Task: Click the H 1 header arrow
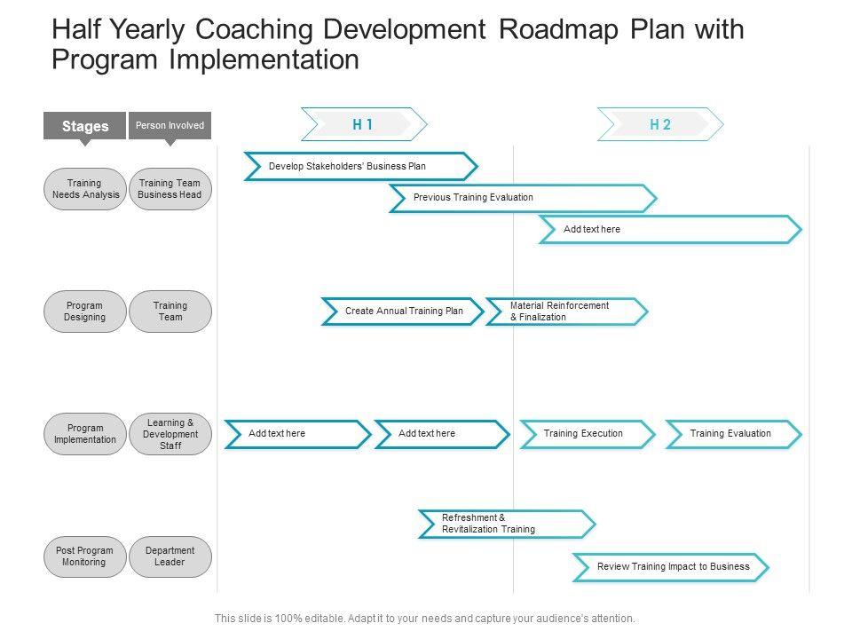coord(364,125)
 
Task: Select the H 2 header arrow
coord(660,125)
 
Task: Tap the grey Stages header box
coord(85,126)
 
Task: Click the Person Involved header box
coord(170,126)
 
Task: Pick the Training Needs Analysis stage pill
coord(85,189)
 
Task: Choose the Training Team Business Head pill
coord(170,189)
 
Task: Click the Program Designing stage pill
coord(85,312)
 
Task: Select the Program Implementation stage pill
coord(85,434)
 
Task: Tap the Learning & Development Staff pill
coord(170,434)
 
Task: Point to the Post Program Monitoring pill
coord(85,556)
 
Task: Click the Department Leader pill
coord(170,556)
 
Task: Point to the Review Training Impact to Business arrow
coord(671,567)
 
